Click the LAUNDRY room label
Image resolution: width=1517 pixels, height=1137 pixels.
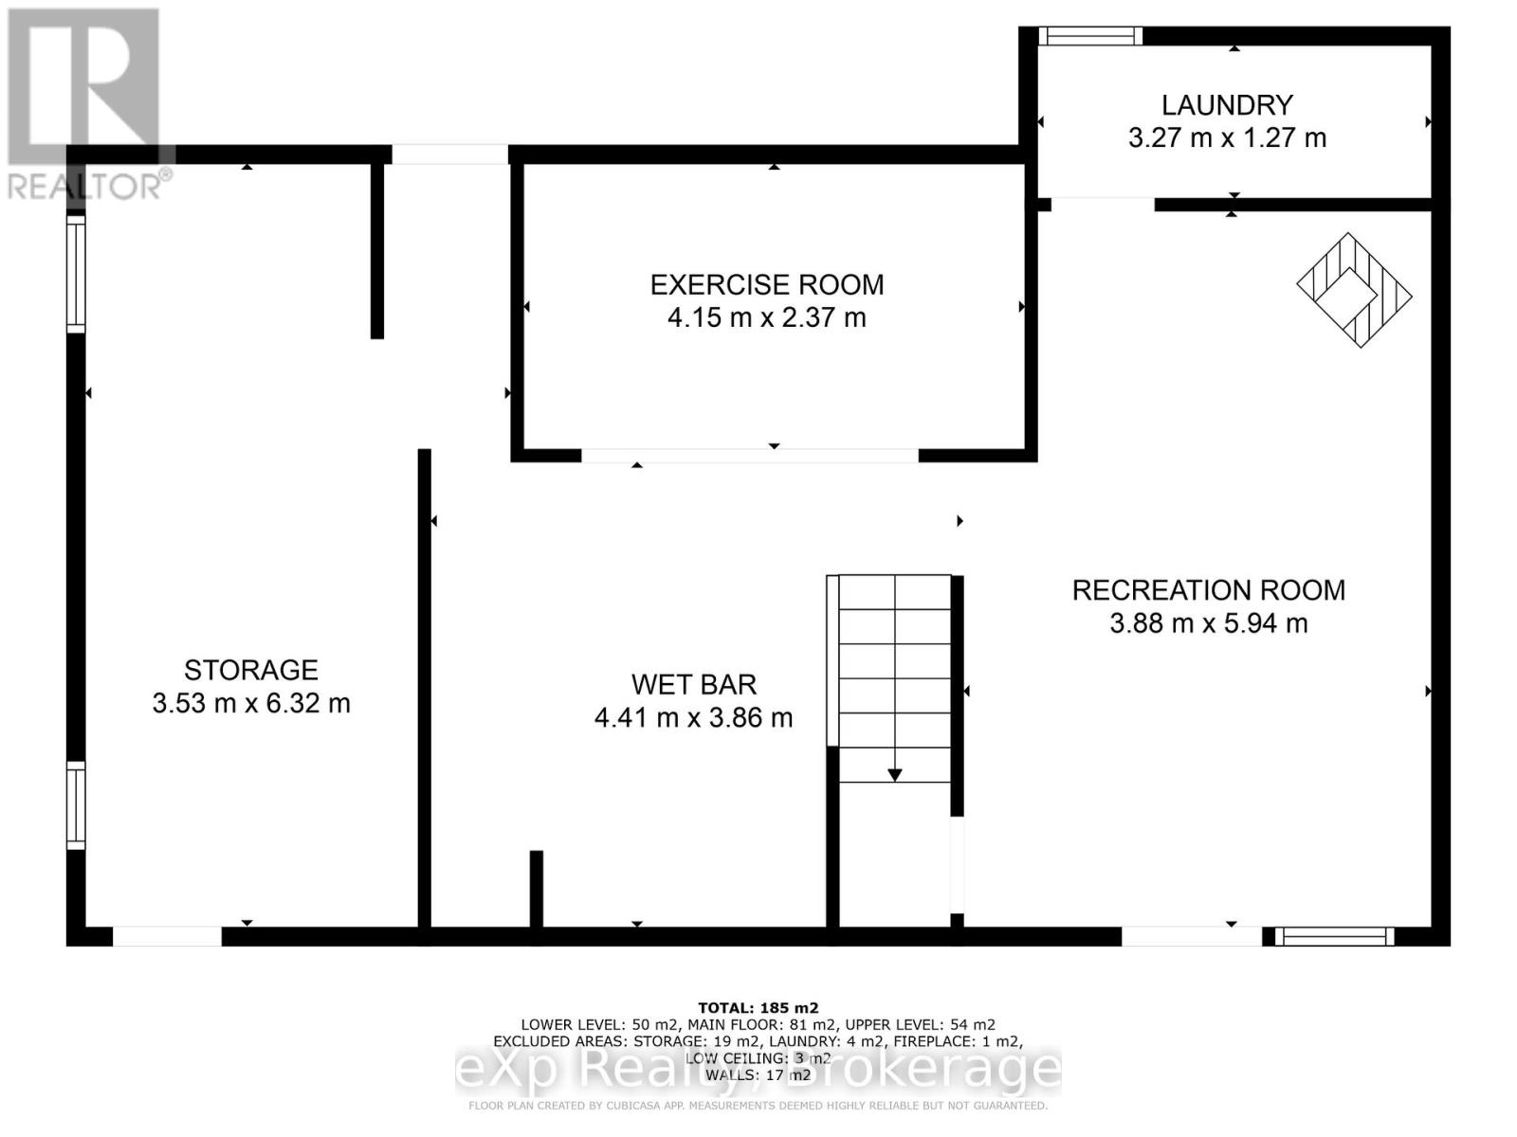coord(1227,105)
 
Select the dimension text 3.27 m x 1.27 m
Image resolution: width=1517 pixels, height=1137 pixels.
coord(1227,138)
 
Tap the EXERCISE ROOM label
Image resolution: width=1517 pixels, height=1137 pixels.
coord(766,285)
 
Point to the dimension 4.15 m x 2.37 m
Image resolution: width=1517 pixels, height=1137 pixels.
coord(766,317)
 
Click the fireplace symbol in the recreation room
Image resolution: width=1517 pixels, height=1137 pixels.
coord(1354,290)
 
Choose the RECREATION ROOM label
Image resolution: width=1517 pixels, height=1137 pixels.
coord(1208,590)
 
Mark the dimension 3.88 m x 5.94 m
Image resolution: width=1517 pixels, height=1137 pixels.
coord(1208,623)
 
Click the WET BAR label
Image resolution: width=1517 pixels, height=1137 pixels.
coord(693,685)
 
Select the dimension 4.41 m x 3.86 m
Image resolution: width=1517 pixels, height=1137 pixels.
coord(693,718)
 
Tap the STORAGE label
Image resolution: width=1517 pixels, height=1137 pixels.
coord(250,671)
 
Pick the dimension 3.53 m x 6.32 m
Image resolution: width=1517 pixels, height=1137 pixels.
coord(250,704)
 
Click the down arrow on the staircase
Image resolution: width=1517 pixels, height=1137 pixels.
coord(894,774)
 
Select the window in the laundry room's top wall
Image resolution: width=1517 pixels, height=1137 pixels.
coord(1089,36)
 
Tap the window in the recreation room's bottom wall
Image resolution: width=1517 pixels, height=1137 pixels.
coord(1333,936)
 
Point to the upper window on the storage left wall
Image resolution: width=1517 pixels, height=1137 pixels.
coord(76,274)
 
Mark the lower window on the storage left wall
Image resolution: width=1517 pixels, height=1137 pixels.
coord(76,805)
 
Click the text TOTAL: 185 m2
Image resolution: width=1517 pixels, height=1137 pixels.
coord(758,1008)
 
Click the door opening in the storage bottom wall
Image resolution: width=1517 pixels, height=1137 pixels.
coord(167,936)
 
